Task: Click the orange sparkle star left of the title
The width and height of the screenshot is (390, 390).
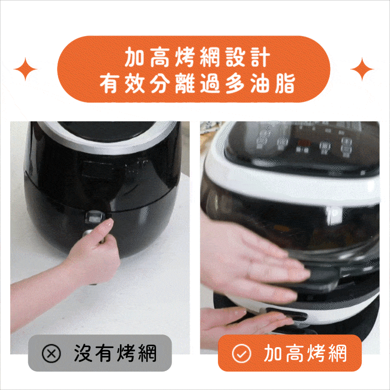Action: pyautogui.click(x=25, y=69)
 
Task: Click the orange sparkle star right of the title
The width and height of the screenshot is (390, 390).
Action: pyautogui.click(x=362, y=69)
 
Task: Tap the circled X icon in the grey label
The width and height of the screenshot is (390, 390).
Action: pyautogui.click(x=51, y=353)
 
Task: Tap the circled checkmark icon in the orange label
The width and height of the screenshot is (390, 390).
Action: pyautogui.click(x=241, y=353)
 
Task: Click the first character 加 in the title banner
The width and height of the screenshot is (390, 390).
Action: pyautogui.click(x=135, y=57)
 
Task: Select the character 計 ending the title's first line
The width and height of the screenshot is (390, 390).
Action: pyautogui.click(x=260, y=57)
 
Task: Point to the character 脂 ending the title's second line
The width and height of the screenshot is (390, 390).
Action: pyautogui.click(x=285, y=83)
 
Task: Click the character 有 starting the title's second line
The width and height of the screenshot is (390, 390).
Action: pyautogui.click(x=109, y=83)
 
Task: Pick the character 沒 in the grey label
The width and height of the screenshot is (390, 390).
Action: pyautogui.click(x=83, y=353)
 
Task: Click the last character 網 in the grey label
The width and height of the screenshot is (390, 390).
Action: pyautogui.click(x=147, y=353)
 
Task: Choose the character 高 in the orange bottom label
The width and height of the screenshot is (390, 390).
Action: pyautogui.click(x=294, y=353)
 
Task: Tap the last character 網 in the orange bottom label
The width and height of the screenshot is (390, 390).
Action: pyautogui.click(x=337, y=353)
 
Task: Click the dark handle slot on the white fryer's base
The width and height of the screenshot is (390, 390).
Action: pyautogui.click(x=286, y=314)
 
